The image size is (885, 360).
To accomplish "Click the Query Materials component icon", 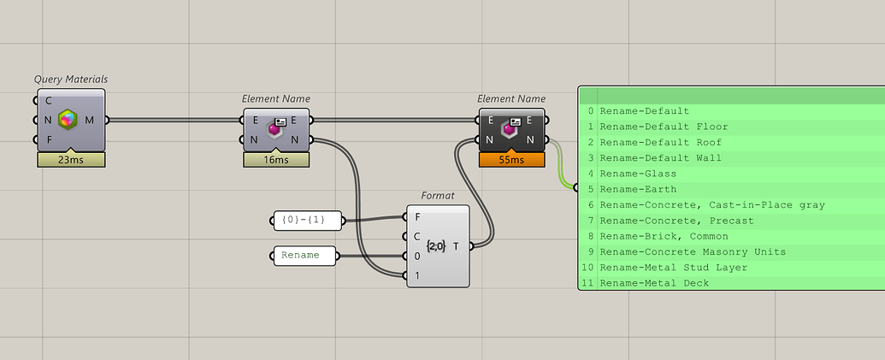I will [x=68, y=121].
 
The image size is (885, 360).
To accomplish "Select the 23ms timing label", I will [x=71, y=159].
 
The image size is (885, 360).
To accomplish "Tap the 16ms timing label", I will [x=276, y=159].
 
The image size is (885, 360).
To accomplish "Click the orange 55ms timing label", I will [x=511, y=159].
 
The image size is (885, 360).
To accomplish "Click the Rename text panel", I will [x=303, y=255].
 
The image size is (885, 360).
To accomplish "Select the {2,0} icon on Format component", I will [x=436, y=246].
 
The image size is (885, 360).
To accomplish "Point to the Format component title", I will [x=437, y=195].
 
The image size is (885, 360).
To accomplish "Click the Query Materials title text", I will [x=71, y=79].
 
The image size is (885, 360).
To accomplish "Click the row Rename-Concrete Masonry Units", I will [x=693, y=251].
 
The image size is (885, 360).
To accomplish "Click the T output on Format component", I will [x=456, y=246].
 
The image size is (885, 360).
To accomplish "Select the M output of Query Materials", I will [x=90, y=121].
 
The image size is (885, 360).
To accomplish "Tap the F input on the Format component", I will [x=417, y=216].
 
